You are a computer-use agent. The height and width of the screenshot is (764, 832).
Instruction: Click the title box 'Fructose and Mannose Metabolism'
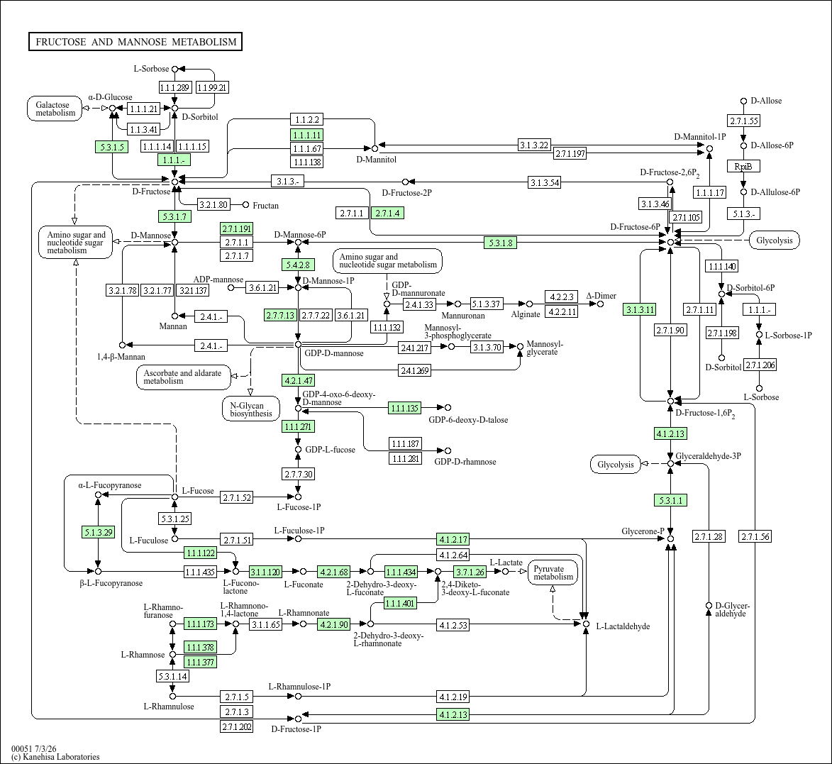tap(135, 42)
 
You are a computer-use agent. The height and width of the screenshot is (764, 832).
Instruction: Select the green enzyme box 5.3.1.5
tap(112, 147)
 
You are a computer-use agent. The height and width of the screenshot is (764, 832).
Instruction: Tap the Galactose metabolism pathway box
tap(55, 109)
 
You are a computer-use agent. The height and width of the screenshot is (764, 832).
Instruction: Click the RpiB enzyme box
tap(743, 167)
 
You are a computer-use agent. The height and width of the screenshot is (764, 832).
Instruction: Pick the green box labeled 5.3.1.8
tap(500, 243)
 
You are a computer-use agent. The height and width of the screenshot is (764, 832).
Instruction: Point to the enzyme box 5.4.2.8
tap(298, 264)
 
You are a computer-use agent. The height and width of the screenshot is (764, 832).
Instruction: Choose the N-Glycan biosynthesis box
tap(251, 409)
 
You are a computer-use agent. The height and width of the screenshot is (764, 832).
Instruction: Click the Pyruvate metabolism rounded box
tap(553, 573)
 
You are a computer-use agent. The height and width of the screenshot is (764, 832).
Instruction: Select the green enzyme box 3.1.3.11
tap(640, 310)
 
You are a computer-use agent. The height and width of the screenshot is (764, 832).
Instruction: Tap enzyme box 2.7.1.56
tap(755, 536)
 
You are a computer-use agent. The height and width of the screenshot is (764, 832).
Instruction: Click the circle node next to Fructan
tap(245, 205)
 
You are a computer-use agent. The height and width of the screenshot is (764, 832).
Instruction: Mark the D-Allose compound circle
tap(744, 101)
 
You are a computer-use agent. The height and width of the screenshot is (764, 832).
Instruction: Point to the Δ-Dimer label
tap(601, 296)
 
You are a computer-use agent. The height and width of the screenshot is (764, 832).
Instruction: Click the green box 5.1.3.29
tap(98, 532)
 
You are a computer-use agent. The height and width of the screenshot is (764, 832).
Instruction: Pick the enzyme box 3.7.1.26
tap(470, 572)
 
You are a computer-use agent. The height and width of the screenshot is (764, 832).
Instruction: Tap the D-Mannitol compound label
tap(376, 159)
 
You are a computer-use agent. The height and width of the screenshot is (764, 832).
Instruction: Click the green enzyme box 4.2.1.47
tap(298, 380)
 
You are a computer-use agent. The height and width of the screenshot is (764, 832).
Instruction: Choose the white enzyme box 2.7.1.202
tap(237, 727)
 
